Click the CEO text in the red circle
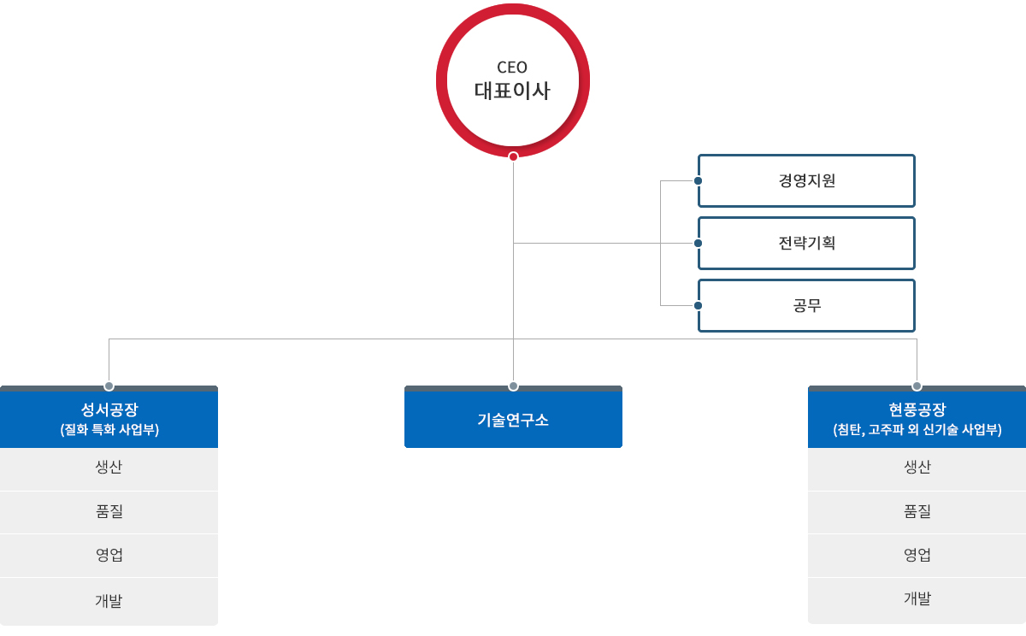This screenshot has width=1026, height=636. pyautogui.click(x=512, y=68)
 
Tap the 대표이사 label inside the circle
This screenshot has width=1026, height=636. pyautogui.click(x=512, y=91)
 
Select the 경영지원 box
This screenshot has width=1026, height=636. pyautogui.click(x=806, y=180)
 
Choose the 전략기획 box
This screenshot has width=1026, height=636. pyautogui.click(x=806, y=243)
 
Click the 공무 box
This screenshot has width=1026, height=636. pyautogui.click(x=806, y=305)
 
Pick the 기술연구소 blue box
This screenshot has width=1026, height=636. pyautogui.click(x=513, y=419)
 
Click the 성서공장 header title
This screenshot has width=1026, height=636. pyautogui.click(x=109, y=409)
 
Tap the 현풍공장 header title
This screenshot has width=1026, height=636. pyautogui.click(x=917, y=409)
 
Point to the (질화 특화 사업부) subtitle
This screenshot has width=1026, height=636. pyautogui.click(x=109, y=430)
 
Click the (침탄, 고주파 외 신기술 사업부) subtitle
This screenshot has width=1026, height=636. pyautogui.click(x=917, y=430)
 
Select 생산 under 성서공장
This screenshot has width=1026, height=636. pyautogui.click(x=109, y=468)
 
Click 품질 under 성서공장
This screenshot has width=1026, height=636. pyautogui.click(x=109, y=512)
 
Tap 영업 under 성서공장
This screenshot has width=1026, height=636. pyautogui.click(x=109, y=555)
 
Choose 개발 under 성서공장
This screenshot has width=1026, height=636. pyautogui.click(x=109, y=600)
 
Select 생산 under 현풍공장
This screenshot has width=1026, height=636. pyautogui.click(x=917, y=467)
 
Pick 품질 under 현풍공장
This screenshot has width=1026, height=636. pyautogui.click(x=917, y=511)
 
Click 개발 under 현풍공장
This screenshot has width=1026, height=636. pyautogui.click(x=917, y=598)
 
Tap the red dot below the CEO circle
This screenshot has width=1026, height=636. pyautogui.click(x=513, y=156)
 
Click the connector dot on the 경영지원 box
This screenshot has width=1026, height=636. pyautogui.click(x=699, y=181)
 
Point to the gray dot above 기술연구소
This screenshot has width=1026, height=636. pyautogui.click(x=513, y=386)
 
